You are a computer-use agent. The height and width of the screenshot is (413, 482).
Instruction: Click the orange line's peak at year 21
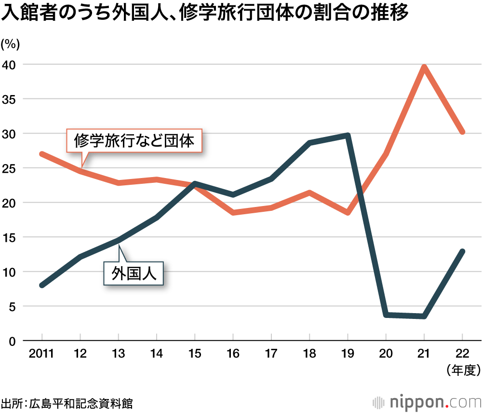pyautogui.click(x=424, y=67)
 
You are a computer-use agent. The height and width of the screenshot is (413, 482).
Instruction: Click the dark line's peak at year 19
pyautogui.click(x=348, y=135)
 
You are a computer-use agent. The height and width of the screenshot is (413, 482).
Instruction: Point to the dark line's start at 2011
pyautogui.click(x=42, y=285)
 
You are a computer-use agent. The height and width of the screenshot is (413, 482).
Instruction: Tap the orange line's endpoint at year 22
pyautogui.click(x=462, y=131)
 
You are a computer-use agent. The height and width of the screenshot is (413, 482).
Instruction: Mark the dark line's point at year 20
pyautogui.click(x=386, y=315)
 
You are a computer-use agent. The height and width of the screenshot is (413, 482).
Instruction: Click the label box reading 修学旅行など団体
pyautogui.click(x=134, y=141)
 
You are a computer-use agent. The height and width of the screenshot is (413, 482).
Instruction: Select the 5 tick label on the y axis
pyautogui.click(x=14, y=306)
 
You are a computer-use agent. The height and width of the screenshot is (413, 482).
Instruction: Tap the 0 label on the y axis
pyautogui.click(x=14, y=341)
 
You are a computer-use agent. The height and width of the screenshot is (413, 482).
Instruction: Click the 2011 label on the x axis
pyautogui.click(x=41, y=354)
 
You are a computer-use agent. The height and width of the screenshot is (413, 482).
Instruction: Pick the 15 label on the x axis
pyautogui.click(x=195, y=354)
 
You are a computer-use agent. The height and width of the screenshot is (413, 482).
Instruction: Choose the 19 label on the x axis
pyautogui.click(x=348, y=354)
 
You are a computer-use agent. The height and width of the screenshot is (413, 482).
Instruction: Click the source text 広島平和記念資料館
pyautogui.click(x=81, y=403)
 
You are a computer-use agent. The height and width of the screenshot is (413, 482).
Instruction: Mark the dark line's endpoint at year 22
pyautogui.click(x=462, y=251)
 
